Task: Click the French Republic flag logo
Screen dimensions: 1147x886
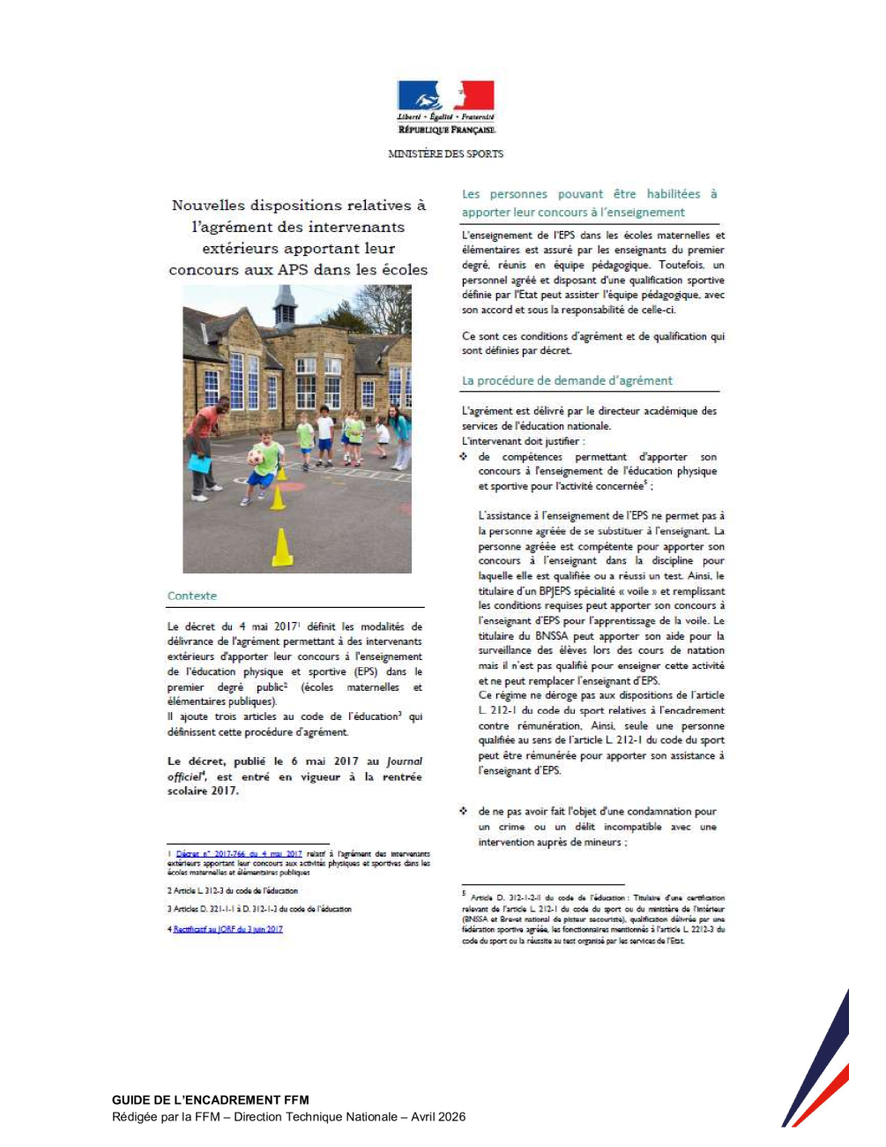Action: (445, 97)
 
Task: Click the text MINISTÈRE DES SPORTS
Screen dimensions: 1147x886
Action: (445, 154)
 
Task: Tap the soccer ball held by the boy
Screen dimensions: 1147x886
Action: (256, 457)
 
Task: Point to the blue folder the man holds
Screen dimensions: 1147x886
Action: (199, 464)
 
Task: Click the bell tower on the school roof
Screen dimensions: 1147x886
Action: (285, 306)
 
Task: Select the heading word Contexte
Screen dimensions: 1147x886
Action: (192, 596)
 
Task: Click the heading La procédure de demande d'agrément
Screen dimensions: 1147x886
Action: (567, 381)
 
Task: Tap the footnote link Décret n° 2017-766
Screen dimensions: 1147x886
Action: (239, 854)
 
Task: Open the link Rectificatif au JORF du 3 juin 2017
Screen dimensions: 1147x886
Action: (227, 929)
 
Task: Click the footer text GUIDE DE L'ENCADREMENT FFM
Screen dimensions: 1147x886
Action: (211, 1100)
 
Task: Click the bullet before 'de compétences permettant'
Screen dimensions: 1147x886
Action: (464, 456)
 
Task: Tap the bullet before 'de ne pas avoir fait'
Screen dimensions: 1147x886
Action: (464, 811)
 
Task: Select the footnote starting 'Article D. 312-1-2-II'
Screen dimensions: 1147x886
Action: (593, 918)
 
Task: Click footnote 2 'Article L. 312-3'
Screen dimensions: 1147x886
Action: (233, 891)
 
